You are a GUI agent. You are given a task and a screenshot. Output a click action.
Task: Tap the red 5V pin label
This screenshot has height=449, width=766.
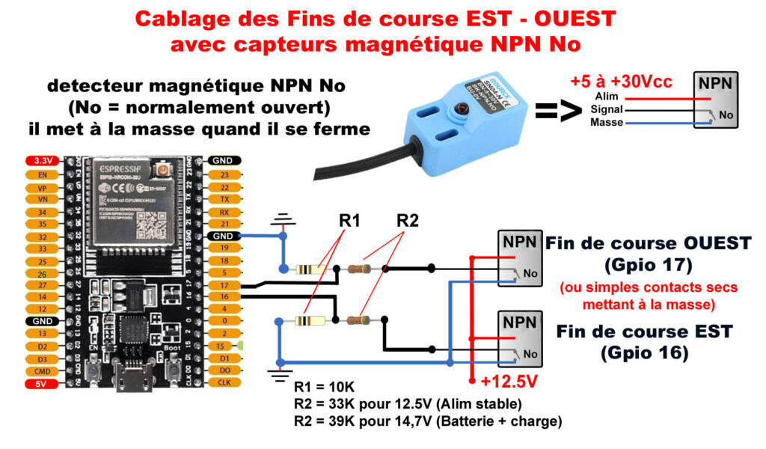point(37,384)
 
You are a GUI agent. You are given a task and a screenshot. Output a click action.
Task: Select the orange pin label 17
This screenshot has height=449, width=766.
point(223,284)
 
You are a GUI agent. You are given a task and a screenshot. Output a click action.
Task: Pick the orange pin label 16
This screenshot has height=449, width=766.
point(223,296)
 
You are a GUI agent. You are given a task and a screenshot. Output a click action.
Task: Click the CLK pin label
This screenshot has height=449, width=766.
point(223,382)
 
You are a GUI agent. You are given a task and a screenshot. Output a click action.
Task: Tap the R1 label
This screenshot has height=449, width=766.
point(349,221)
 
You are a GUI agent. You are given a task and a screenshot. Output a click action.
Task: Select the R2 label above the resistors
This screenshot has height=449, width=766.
point(408,221)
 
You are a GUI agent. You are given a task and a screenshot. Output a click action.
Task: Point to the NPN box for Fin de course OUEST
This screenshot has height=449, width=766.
point(520,257)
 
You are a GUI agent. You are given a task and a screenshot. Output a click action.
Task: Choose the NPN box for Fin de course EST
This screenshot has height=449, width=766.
point(520,338)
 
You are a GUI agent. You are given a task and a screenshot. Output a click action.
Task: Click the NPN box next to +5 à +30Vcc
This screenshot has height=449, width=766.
point(715,100)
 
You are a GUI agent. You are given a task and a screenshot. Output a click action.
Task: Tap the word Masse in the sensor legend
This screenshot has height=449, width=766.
point(607,121)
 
